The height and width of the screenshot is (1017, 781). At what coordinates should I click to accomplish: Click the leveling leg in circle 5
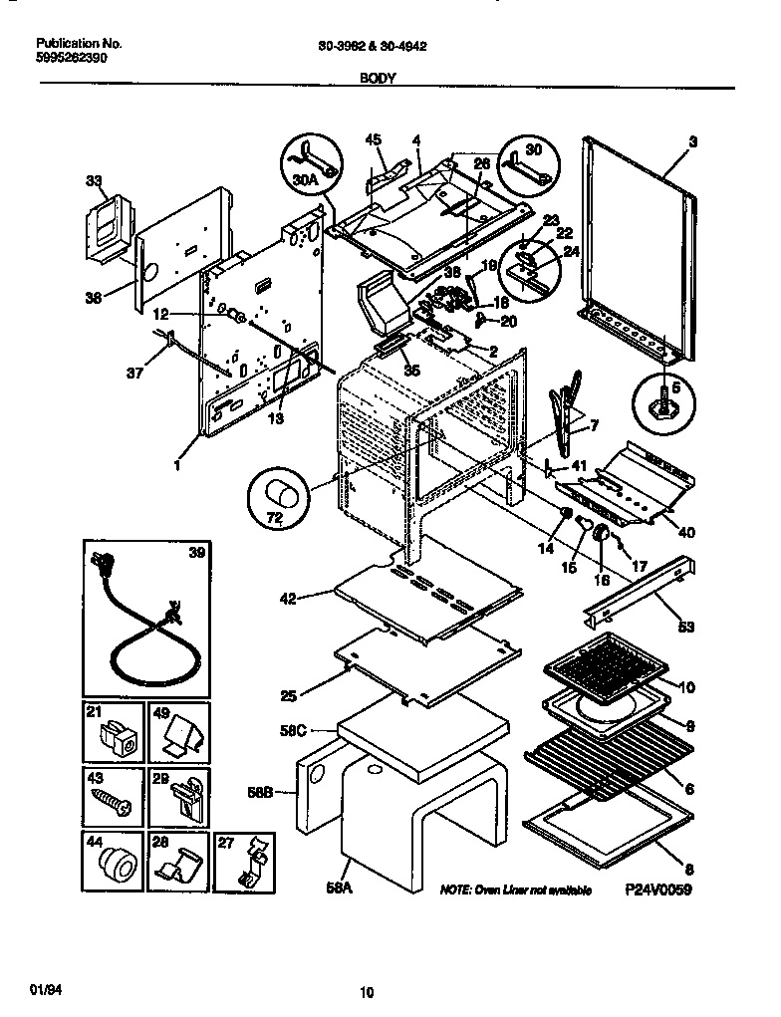pyautogui.click(x=663, y=405)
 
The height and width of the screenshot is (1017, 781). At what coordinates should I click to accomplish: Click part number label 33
pyautogui.click(x=94, y=182)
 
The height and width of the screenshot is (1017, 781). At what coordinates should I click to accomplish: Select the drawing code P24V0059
pyautogui.click(x=657, y=890)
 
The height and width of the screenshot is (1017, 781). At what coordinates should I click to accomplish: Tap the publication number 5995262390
pyautogui.click(x=72, y=58)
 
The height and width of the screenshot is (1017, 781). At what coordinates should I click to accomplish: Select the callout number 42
pyautogui.click(x=288, y=599)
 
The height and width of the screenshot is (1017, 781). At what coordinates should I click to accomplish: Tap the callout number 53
pyautogui.click(x=685, y=629)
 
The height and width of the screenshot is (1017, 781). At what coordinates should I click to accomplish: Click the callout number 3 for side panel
pyautogui.click(x=692, y=142)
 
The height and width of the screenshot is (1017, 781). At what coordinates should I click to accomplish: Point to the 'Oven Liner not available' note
pyautogui.click(x=515, y=890)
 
